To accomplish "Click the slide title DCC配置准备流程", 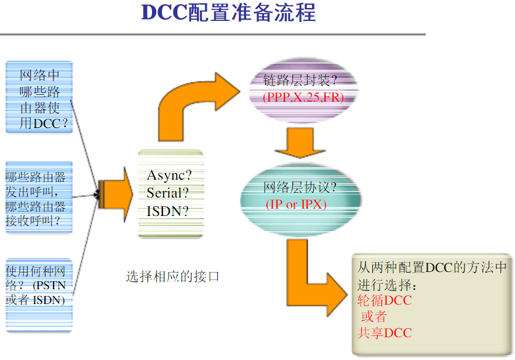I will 228,14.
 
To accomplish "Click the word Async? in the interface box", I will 169,175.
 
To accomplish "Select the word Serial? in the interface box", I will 168,193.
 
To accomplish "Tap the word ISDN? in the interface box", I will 167,211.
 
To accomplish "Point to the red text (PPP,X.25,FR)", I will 303,97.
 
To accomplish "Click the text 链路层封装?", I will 301,80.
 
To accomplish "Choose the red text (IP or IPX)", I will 297,204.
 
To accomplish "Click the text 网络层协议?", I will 301,188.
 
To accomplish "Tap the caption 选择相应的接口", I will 172,276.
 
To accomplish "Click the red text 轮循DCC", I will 385,301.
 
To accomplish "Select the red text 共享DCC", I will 385,333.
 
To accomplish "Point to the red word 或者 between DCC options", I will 374,317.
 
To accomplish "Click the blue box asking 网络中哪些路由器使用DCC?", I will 39,97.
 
